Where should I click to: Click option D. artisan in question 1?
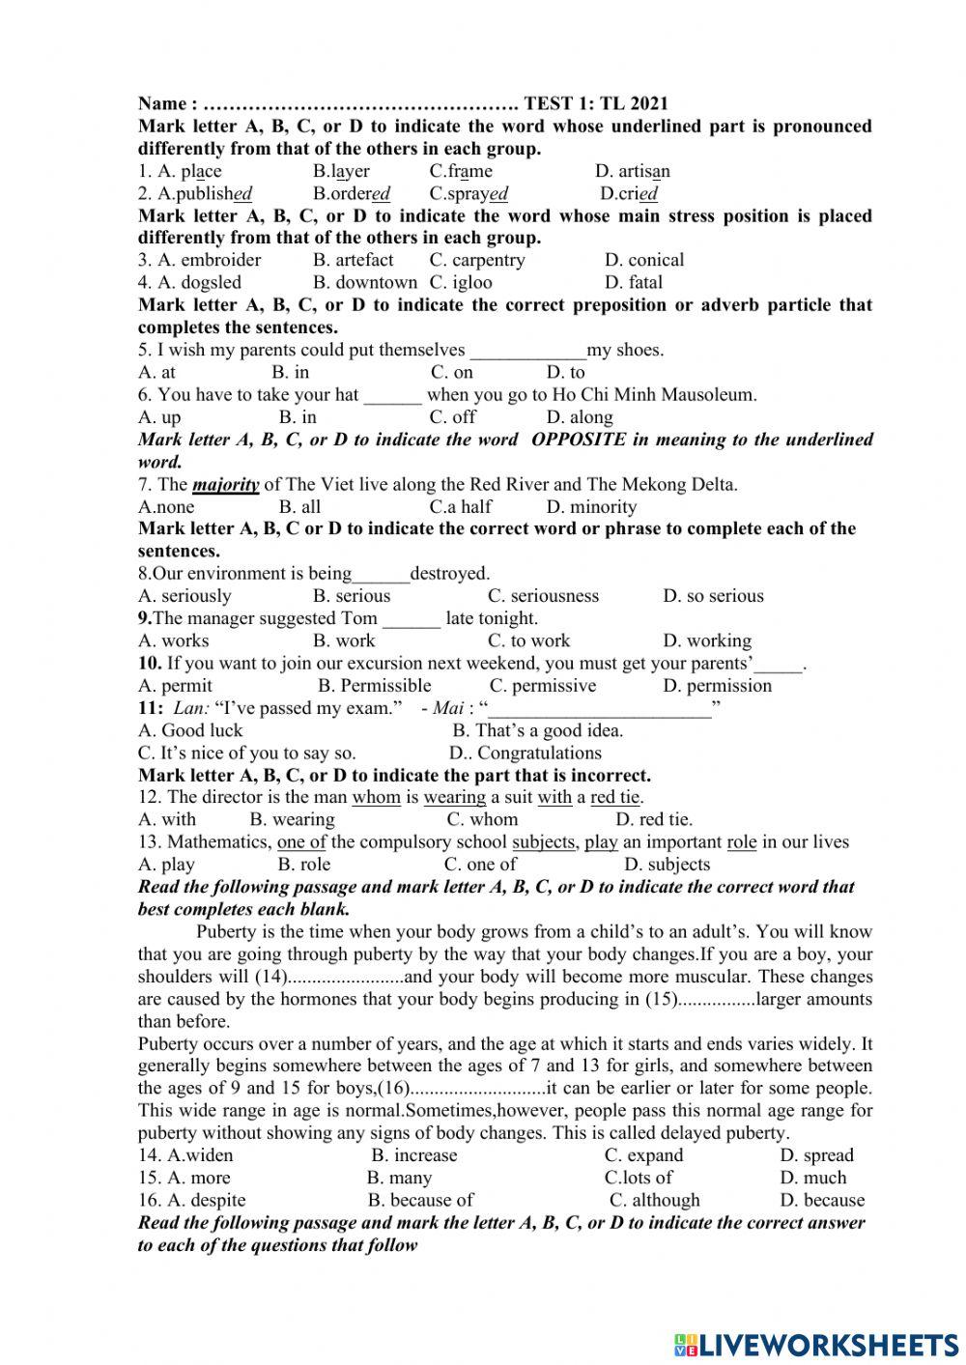pos(633,171)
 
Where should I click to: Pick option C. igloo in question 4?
pos(461,282)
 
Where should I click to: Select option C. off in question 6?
pos(453,417)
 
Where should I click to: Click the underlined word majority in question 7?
pos(226,485)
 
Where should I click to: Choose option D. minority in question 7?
pos(591,507)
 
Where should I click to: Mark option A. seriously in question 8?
pos(185,596)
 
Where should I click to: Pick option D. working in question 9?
pos(707,640)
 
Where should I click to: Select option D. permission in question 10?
pos(718,686)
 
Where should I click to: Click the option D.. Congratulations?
pos(526,753)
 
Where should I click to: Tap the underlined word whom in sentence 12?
pos(376,797)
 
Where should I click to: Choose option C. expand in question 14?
pos(643,1155)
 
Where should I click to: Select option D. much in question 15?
pos(813,1178)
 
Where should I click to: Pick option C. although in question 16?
pos(655,1200)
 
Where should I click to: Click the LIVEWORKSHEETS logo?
pos(816,1344)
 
